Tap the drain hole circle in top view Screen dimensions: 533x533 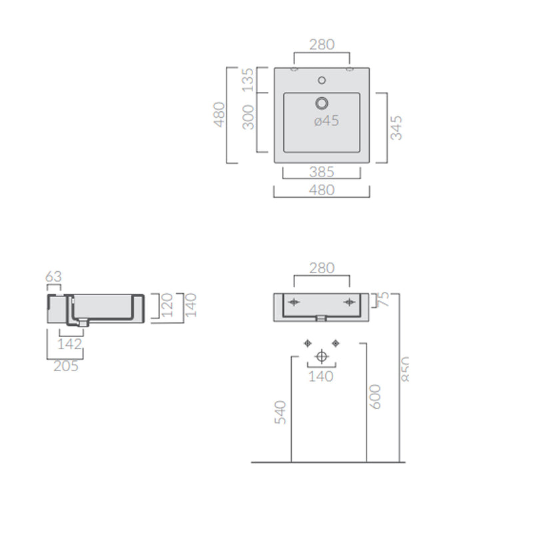point(322,103)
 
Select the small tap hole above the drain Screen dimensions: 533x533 point(322,81)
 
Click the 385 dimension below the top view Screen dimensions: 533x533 point(322,172)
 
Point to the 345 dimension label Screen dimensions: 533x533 point(396,128)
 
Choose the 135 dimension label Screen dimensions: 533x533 point(247,80)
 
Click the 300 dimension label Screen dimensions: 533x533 point(247,117)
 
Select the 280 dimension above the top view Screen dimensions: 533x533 point(322,45)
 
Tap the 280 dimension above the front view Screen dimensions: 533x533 point(322,268)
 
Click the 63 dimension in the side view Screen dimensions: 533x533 point(54,276)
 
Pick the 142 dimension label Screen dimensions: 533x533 point(70,344)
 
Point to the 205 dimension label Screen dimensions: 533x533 point(65,366)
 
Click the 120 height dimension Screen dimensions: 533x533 point(168,306)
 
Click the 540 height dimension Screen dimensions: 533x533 point(280,412)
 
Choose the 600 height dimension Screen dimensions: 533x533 point(374,397)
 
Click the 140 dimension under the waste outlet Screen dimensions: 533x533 point(322,376)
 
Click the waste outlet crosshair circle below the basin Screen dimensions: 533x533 point(322,356)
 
